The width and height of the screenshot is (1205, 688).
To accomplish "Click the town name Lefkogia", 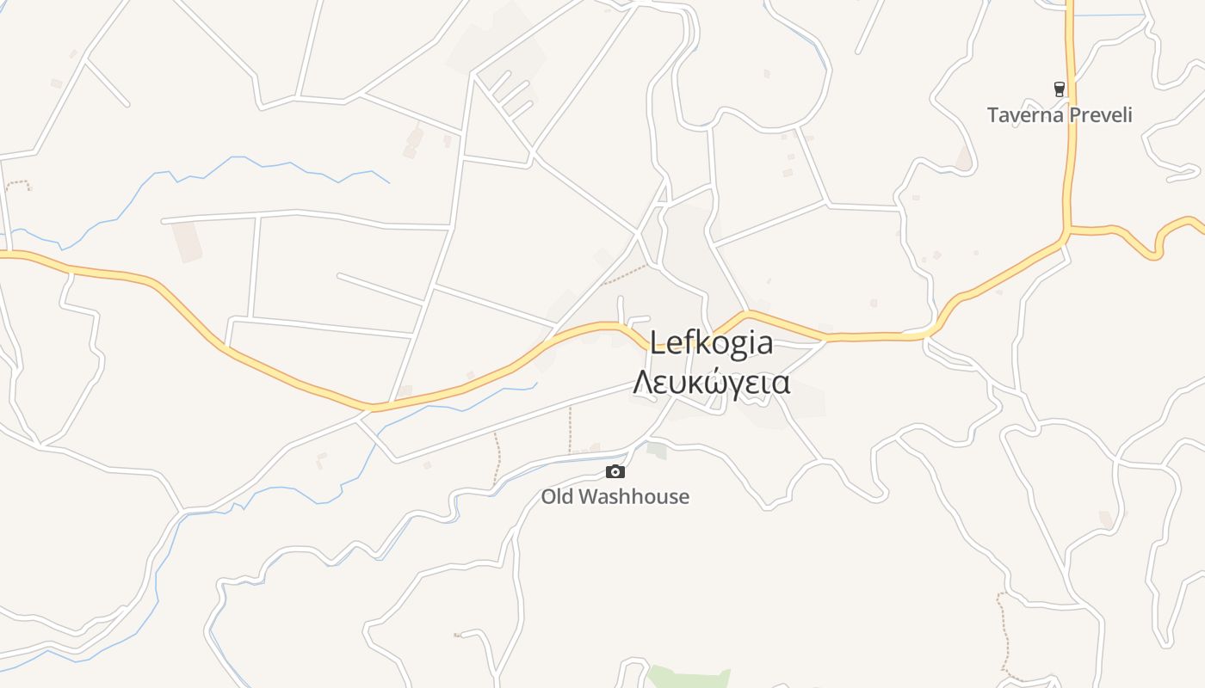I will [x=711, y=343].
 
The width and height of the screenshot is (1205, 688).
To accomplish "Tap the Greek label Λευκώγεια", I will [x=711, y=382].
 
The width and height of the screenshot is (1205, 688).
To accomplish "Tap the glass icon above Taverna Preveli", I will [x=1060, y=89].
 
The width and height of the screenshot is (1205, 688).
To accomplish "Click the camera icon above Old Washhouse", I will [x=615, y=471].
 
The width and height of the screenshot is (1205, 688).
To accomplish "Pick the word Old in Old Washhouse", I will [x=558, y=497].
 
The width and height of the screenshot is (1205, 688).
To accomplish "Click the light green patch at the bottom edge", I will [x=689, y=678].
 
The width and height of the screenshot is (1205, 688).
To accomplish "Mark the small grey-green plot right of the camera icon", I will [x=657, y=450].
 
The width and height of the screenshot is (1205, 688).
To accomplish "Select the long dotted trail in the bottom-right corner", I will [x=1004, y=632].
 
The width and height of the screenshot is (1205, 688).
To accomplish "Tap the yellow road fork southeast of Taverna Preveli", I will [x=1067, y=231].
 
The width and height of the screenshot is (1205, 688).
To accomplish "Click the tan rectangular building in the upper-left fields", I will [x=186, y=242].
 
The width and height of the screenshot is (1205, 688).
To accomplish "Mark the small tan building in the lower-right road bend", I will [x=1106, y=519].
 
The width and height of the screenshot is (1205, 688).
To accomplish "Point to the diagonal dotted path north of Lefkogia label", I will [x=625, y=274].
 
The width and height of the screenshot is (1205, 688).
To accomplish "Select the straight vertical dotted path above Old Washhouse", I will [x=570, y=428].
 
